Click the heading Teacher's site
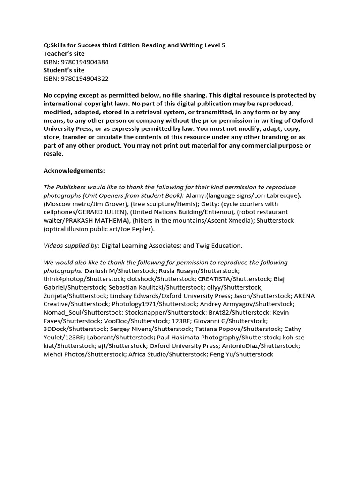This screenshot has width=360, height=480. coord(64,53)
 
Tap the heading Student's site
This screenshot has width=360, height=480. coord(64,70)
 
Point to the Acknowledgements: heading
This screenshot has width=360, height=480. coord(74,170)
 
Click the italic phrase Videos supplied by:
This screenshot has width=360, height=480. coord(71,246)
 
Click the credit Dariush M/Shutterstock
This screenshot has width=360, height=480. coord(120,271)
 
